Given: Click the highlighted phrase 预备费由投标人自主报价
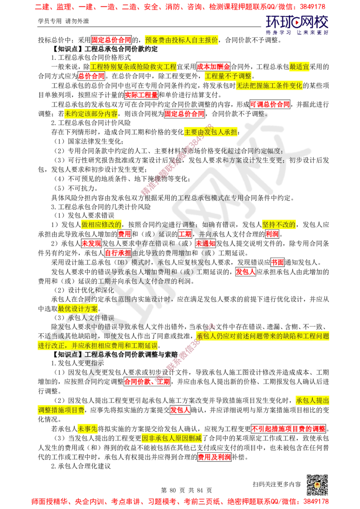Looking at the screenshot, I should (x=182, y=40).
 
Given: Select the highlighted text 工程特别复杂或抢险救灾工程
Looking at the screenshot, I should (x=134, y=67).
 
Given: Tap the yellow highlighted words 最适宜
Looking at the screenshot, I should (x=299, y=67).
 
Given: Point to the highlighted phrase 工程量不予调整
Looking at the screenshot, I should (x=228, y=76).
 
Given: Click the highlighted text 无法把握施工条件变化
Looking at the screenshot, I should (x=270, y=86).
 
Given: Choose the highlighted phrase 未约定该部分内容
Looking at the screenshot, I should (x=91, y=114).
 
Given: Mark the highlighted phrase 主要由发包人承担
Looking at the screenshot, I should (x=210, y=132).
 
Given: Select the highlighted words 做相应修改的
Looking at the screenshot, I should (x=101, y=224).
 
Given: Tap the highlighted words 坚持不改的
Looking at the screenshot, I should (x=279, y=224).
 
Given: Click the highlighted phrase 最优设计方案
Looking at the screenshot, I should (x=78, y=308).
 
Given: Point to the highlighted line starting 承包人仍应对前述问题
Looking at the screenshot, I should (x=263, y=336).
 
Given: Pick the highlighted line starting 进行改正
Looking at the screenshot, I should (x=97, y=346).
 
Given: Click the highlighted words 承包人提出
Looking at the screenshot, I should (x=313, y=400).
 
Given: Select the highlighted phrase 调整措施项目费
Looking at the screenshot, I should (x=61, y=410).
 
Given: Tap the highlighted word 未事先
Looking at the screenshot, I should (x=88, y=429).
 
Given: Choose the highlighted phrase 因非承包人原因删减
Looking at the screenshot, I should (x=171, y=438).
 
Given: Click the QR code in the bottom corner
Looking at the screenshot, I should (x=316, y=485).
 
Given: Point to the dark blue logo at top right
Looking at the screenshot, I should (x=297, y=25).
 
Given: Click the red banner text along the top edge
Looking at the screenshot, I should (x=180, y=7).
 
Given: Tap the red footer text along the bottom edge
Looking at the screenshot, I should (x=180, y=501).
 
